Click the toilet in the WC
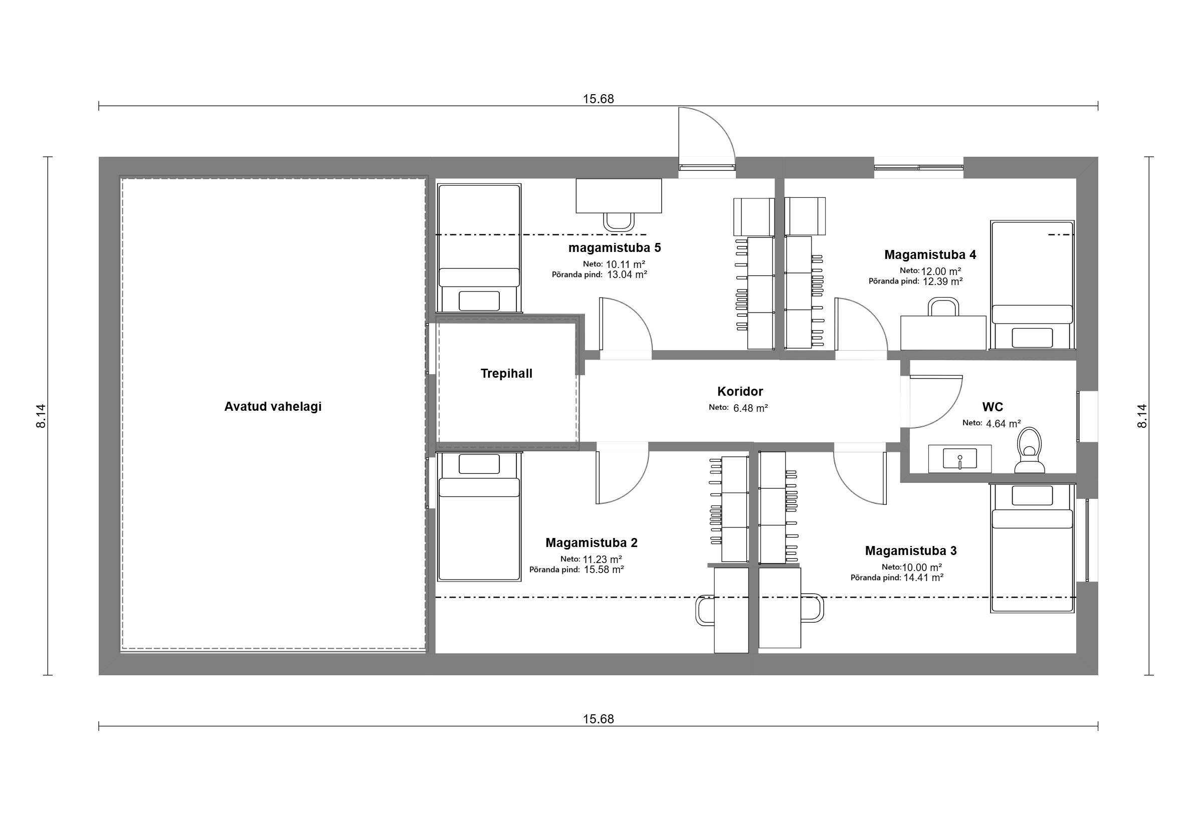click(1030, 450)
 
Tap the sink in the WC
click(959, 458)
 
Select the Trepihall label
click(506, 374)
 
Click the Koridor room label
click(740, 392)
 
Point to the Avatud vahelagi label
click(273, 406)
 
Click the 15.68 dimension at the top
click(598, 99)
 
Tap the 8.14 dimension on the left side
click(41, 416)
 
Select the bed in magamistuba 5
click(479, 248)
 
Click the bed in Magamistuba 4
click(1032, 286)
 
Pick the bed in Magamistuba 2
click(479, 516)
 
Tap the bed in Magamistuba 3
click(1032, 548)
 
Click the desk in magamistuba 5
click(619, 195)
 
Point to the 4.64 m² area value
click(1003, 424)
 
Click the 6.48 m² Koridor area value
click(750, 408)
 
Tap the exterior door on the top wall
click(706, 138)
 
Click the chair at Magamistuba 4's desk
click(943, 307)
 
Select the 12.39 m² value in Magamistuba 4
click(942, 281)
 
